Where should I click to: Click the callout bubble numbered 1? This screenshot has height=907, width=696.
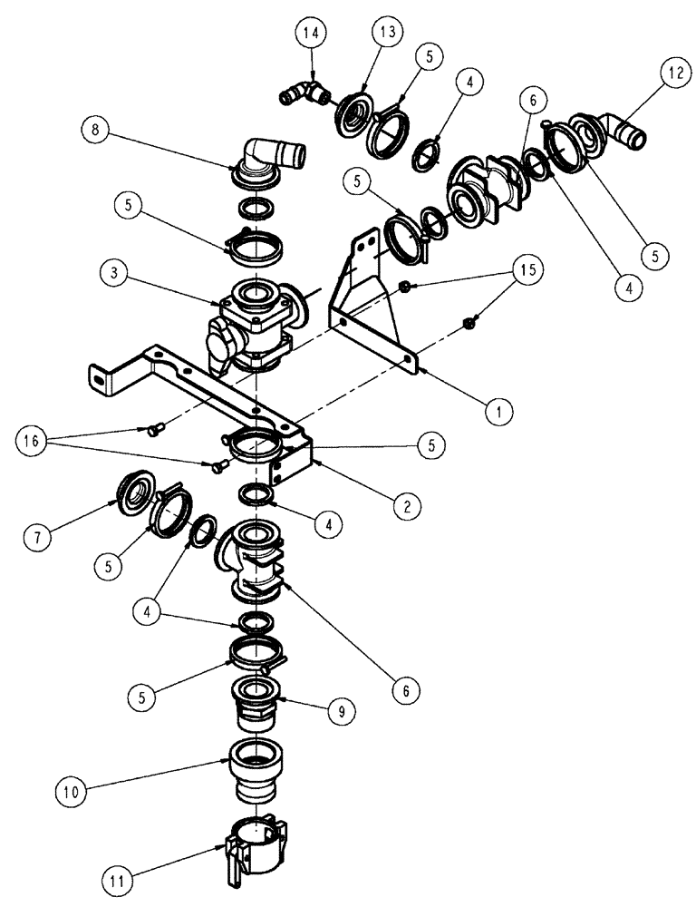pos(496,411)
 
